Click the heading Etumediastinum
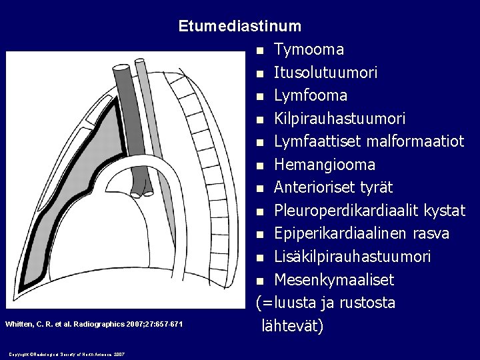point(239,27)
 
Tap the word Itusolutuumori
point(325,73)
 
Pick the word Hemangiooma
point(325,165)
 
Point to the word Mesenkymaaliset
point(334,280)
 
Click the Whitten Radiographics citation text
point(93,324)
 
